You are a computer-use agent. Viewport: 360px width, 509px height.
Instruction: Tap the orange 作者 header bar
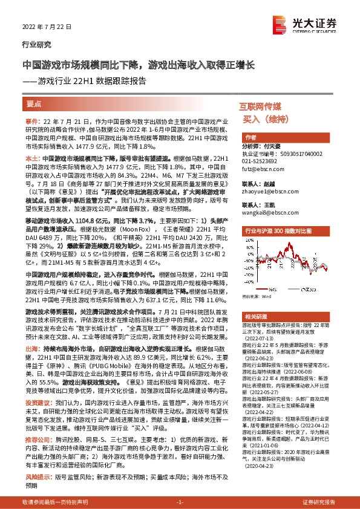250,138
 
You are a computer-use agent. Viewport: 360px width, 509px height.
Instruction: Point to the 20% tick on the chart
247,241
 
